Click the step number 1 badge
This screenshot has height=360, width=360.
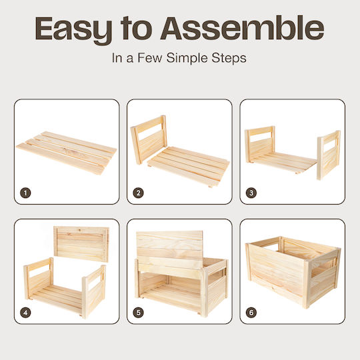25,193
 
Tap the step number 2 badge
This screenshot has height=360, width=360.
138,193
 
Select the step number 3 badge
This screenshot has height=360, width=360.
251,193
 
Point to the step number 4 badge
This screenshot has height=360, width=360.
25,313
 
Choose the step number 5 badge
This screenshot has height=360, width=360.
138,313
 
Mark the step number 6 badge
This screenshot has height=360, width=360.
251,313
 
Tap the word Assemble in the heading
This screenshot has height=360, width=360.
242,28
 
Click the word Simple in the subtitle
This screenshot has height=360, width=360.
187,58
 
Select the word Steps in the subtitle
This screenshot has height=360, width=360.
229,58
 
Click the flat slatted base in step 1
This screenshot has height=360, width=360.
67,153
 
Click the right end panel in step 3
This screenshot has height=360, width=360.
329,155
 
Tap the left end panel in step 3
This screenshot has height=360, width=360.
260,144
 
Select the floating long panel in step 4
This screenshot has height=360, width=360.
81,244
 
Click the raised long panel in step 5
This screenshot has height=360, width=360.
169,249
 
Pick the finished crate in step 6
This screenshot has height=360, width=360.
293,272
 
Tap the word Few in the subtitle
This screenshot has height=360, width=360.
150,57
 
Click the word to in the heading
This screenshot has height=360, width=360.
136,29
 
